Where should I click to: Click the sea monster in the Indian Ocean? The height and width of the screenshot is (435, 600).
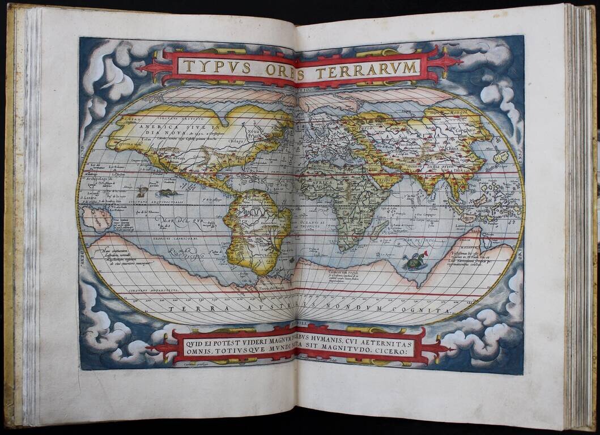[x=414, y=261]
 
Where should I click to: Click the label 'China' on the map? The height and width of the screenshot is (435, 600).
[x=453, y=148]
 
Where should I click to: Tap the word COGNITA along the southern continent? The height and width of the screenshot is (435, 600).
[x=419, y=311]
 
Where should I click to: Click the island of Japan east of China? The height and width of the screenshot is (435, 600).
[x=500, y=156]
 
